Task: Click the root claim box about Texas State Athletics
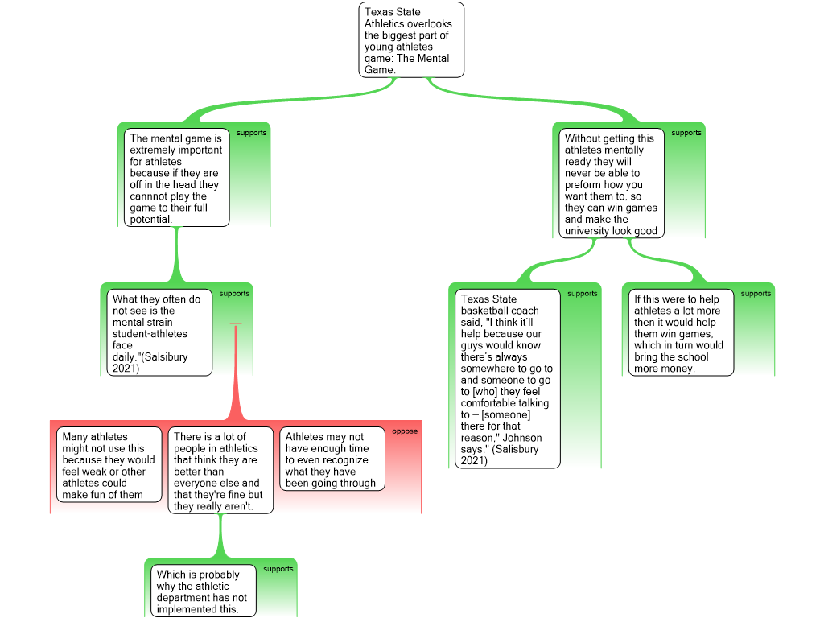click(x=411, y=40)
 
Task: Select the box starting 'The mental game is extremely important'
click(x=177, y=178)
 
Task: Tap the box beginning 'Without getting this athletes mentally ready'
click(x=612, y=183)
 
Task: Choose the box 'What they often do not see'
click(x=159, y=332)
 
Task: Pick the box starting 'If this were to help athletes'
click(x=681, y=332)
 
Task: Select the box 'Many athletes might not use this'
click(x=109, y=465)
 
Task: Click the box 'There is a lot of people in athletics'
click(x=220, y=471)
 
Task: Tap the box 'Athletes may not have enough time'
click(x=332, y=459)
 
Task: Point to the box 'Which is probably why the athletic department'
click(x=203, y=591)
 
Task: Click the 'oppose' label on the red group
click(x=405, y=431)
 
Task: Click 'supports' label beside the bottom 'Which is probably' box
click(x=278, y=569)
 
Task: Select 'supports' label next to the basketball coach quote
click(x=583, y=294)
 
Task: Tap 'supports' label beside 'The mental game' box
click(x=251, y=133)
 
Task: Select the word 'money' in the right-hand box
click(x=678, y=369)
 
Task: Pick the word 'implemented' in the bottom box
click(x=187, y=609)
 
